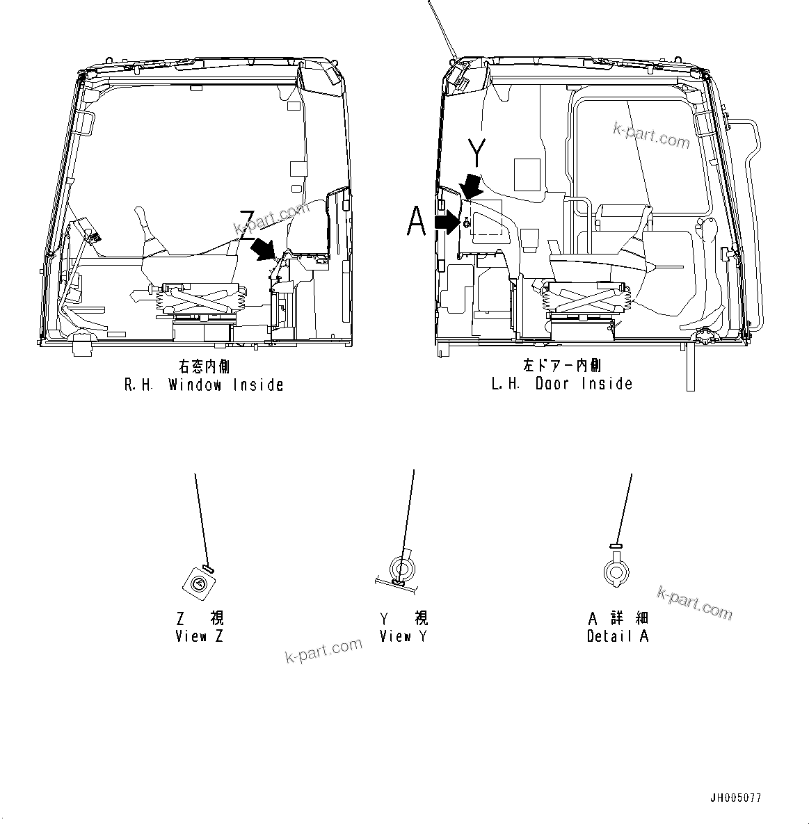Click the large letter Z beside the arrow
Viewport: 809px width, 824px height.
[247, 225]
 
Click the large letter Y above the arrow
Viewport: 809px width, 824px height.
[476, 153]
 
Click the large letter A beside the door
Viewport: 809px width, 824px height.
[416, 223]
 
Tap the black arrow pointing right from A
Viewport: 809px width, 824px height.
[447, 222]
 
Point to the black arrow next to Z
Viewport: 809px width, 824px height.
[265, 248]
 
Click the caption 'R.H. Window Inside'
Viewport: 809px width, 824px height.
[204, 385]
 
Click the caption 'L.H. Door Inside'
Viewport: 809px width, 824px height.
[562, 383]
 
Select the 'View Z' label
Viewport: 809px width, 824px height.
[200, 636]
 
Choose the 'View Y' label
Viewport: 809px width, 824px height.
[403, 636]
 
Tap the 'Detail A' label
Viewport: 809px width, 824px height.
[618, 636]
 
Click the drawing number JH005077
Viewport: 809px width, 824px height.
[735, 798]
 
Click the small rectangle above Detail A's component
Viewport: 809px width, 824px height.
[615, 546]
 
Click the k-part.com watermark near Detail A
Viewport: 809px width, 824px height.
[694, 602]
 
